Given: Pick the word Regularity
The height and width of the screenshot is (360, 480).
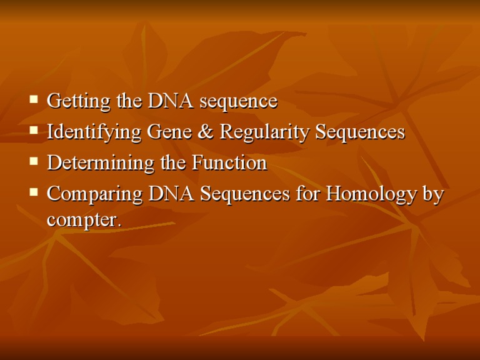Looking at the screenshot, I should (x=244, y=132).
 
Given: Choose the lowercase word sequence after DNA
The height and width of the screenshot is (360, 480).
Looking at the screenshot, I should (x=238, y=102).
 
